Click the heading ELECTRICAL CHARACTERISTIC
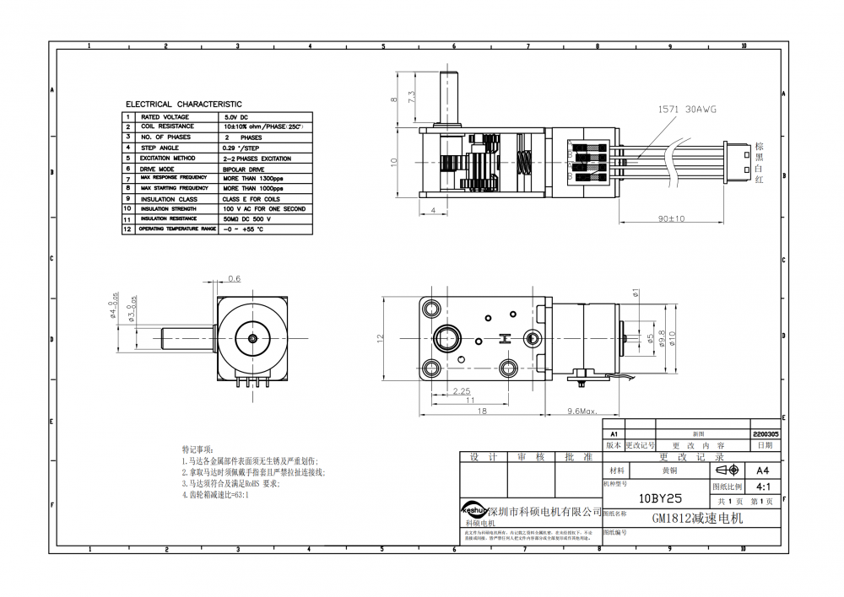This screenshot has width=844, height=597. point(183,105)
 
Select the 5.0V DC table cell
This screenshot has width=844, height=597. point(235,116)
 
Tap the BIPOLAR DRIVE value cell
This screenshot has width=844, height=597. point(246,169)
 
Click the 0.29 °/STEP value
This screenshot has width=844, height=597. point(241,148)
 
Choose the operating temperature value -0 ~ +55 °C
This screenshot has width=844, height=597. point(243,229)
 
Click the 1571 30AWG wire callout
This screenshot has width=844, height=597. point(685,110)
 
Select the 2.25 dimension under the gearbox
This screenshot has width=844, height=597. point(462,390)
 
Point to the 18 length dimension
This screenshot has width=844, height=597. point(482,411)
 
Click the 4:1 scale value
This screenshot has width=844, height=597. point(763,487)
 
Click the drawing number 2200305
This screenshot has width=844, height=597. point(764,433)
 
